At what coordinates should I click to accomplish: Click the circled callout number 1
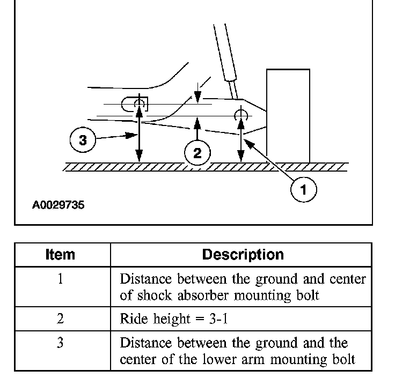click(x=304, y=189)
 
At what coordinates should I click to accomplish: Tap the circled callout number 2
click(x=197, y=153)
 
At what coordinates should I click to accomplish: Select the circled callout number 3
click(x=82, y=140)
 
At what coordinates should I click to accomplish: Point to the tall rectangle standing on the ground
click(x=288, y=115)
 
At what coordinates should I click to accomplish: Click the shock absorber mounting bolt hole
click(x=241, y=115)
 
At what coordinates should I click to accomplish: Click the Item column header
click(x=60, y=255)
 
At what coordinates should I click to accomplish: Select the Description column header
click(x=243, y=255)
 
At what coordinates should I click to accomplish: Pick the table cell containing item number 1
click(x=60, y=279)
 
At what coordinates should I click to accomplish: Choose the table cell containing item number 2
click(x=60, y=319)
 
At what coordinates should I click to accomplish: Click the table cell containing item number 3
click(x=60, y=343)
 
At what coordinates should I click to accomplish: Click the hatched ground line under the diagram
click(x=204, y=167)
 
